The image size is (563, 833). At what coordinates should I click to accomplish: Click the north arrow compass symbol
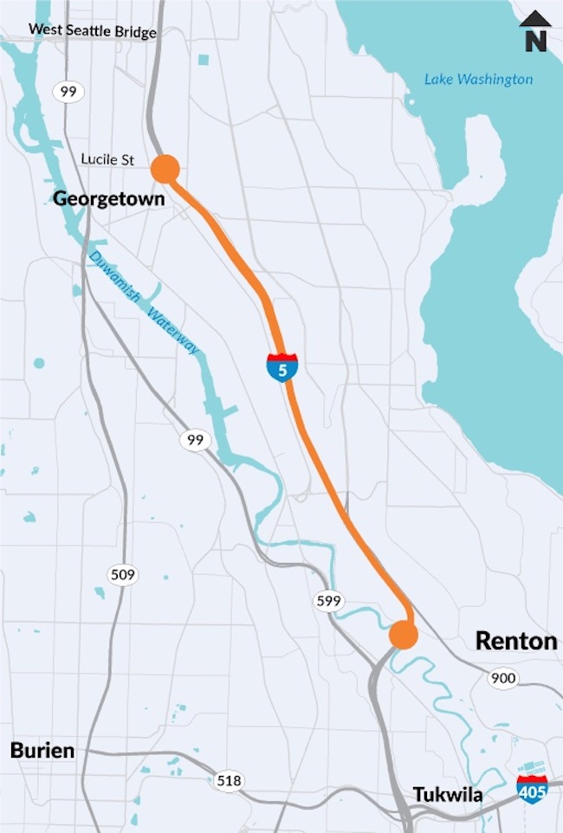536,31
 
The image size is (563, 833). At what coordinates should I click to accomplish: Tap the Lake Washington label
478,80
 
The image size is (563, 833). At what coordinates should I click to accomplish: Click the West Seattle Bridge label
93,31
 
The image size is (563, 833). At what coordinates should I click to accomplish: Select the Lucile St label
108,159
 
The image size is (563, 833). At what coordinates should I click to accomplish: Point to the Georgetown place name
108,198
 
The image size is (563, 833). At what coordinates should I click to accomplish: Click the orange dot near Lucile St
165,169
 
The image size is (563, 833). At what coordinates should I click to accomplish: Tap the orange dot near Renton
404,635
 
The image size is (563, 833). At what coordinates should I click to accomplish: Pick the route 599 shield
329,601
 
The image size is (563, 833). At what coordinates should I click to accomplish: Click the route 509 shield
123,573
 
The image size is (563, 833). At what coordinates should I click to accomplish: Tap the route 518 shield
229,781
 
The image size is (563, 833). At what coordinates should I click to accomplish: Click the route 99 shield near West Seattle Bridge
66,91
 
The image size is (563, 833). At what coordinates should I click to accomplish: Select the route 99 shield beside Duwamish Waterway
196,441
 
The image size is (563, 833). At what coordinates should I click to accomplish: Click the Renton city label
516,641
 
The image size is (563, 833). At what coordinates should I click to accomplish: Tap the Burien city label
42,750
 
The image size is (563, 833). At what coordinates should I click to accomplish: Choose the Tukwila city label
448,794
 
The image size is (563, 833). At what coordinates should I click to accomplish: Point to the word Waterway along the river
173,331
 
